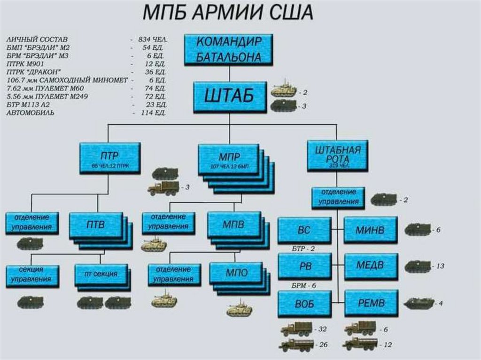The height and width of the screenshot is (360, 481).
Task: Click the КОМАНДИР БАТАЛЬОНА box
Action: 229,49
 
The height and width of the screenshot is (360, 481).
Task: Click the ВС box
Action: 304,230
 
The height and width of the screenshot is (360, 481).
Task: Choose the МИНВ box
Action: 371,230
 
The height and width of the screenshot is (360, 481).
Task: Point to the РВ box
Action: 304,266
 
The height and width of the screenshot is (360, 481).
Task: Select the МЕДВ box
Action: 371,266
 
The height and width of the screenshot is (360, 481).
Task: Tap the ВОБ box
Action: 304,303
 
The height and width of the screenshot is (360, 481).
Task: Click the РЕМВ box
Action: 371,303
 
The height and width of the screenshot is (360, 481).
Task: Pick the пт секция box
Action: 101,275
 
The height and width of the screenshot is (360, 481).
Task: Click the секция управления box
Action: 32,276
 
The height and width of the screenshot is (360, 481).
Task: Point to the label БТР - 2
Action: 303,248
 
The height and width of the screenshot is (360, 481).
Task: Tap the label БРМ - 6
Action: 303,285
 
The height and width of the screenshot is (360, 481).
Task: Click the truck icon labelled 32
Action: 296,329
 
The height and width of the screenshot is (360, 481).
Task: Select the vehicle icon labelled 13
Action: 417,266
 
